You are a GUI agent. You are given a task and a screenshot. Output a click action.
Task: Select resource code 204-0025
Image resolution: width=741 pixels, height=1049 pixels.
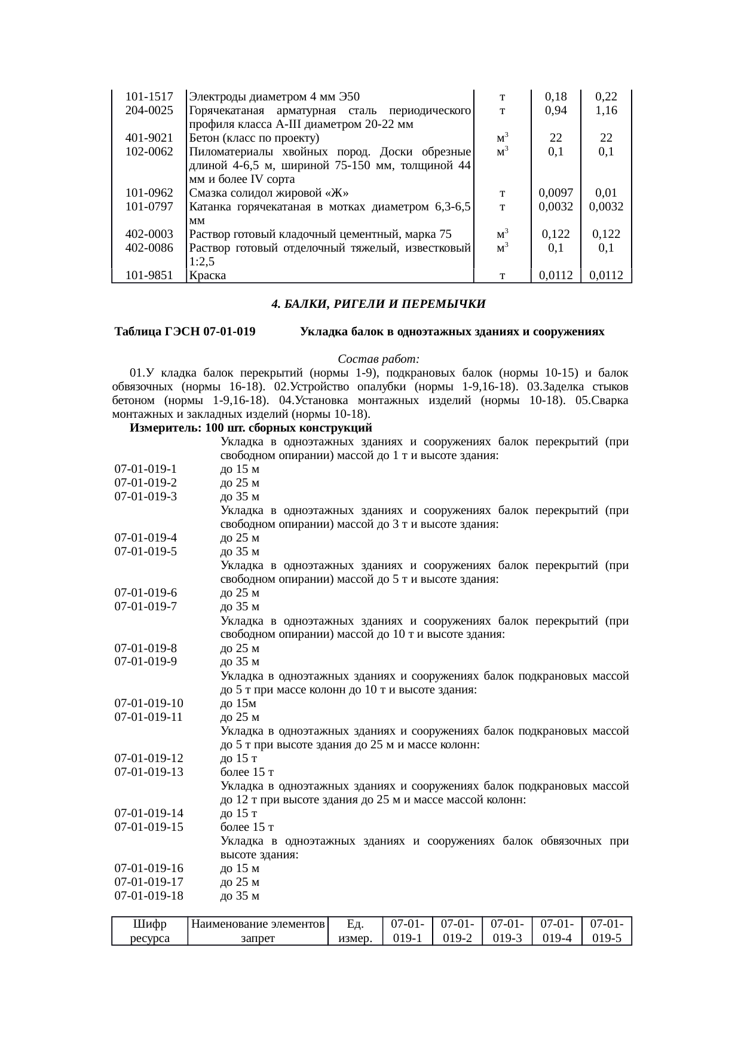click(x=149, y=111)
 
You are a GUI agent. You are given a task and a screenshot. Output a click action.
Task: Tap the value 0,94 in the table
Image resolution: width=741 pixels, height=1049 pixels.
click(x=556, y=111)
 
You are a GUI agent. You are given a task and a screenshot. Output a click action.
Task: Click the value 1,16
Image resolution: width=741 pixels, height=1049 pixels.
click(x=606, y=111)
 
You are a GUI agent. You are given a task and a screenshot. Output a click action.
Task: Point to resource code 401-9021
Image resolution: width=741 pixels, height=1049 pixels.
click(x=149, y=138)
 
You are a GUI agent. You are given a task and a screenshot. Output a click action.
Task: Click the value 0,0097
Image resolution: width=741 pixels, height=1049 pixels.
click(x=556, y=193)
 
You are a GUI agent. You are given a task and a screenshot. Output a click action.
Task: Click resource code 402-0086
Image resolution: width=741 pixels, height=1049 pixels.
click(x=149, y=248)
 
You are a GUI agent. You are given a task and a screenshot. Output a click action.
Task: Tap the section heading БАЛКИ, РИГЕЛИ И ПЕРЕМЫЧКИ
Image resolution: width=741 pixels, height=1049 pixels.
click(x=378, y=304)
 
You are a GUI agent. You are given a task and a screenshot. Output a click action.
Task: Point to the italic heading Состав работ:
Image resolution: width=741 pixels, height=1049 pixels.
click(x=378, y=359)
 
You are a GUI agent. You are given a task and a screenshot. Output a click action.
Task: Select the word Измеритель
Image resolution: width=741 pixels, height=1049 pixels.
click(x=165, y=428)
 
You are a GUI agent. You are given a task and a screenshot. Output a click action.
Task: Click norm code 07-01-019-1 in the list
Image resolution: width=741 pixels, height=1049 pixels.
click(x=146, y=469)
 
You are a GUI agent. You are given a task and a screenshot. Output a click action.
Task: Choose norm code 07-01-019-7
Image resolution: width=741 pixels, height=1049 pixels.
click(x=146, y=607)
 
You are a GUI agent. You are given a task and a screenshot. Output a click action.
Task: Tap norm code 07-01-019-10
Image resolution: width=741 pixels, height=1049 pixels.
click(x=149, y=704)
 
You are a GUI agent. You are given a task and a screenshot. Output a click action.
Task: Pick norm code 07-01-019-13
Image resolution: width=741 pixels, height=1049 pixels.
click(x=149, y=772)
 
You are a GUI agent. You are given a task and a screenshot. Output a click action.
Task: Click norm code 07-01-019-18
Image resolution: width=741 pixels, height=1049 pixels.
click(x=149, y=896)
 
